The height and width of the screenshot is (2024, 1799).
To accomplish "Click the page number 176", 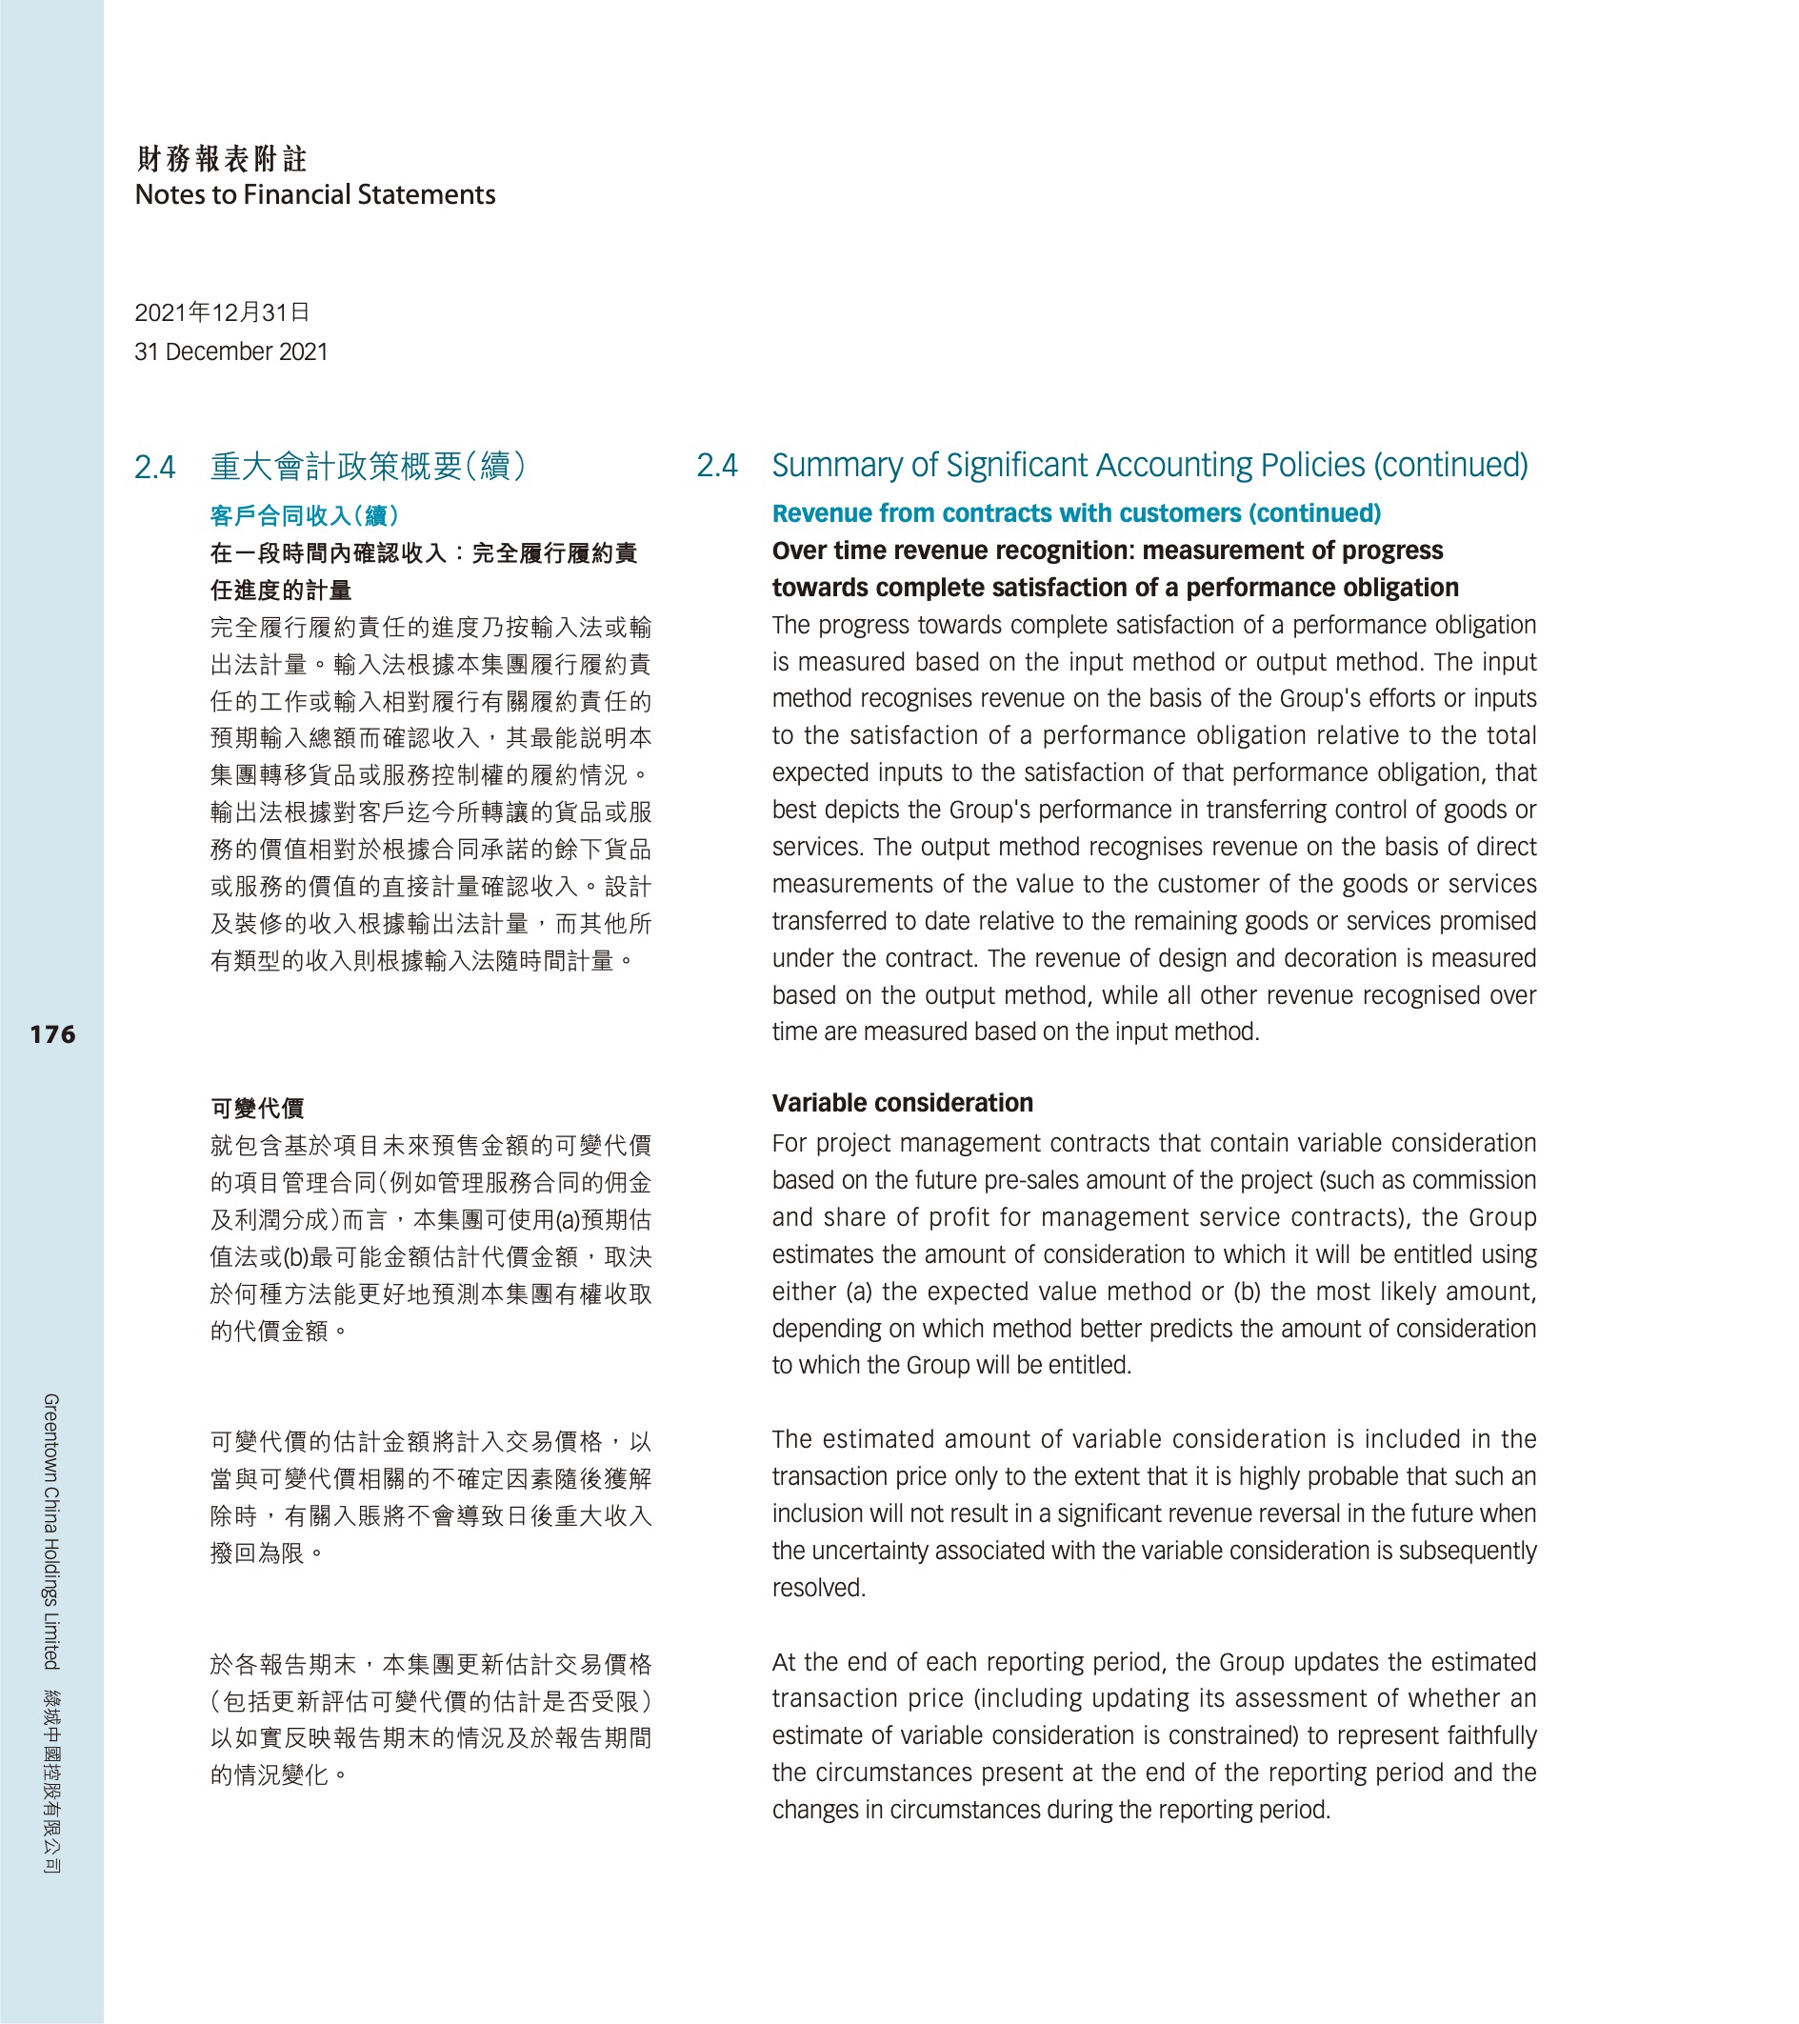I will click(52, 1034).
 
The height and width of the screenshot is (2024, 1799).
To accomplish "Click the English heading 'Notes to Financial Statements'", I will click(315, 194).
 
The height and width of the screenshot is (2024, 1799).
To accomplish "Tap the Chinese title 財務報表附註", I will click(222, 158).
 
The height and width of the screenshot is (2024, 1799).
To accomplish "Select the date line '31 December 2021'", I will click(230, 351).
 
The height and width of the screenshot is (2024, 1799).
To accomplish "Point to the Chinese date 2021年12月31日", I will click(222, 313).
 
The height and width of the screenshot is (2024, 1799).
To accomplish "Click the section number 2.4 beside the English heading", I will click(717, 466).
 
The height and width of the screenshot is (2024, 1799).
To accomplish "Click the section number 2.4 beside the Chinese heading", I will click(155, 468).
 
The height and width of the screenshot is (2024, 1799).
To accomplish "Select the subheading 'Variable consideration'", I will click(902, 1103).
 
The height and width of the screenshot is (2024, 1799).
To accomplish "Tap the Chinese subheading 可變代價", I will click(257, 1108).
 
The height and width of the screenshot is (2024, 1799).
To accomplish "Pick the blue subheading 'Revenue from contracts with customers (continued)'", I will click(1076, 513).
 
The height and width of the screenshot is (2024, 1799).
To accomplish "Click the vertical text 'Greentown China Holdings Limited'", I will click(51, 1531).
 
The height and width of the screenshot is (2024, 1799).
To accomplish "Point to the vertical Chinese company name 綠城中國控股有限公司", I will click(51, 1780).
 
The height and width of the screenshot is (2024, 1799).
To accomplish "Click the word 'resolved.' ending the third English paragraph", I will click(819, 1589).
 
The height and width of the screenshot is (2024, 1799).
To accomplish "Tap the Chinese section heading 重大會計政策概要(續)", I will click(369, 467).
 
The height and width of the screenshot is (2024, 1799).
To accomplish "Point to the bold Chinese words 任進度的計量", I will click(281, 591).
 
